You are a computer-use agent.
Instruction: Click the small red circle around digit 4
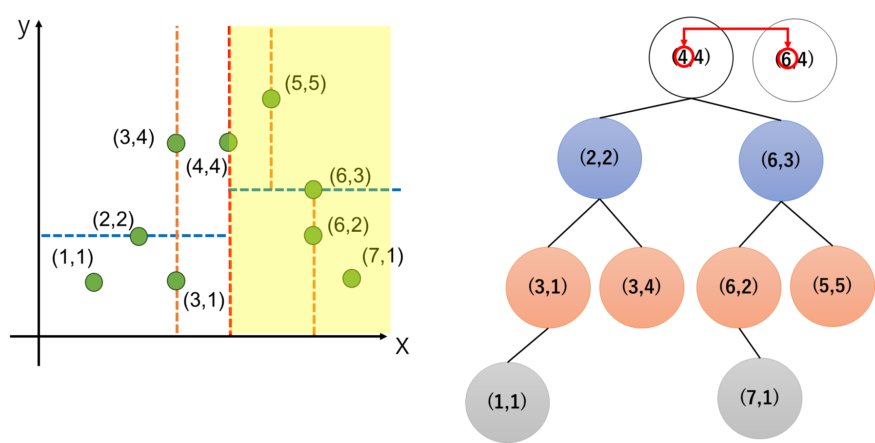[x=683, y=58]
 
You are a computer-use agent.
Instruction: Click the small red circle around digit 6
[x=787, y=59]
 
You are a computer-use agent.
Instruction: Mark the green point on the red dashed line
[x=228, y=142]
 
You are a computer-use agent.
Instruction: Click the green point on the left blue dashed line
[x=139, y=236]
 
